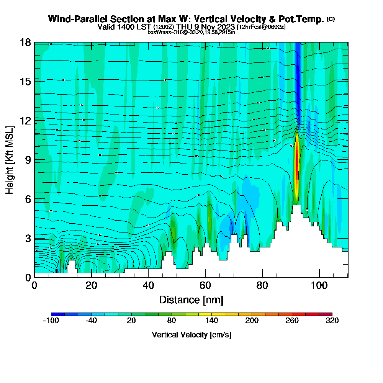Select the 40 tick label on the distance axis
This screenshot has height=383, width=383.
[x=148, y=285]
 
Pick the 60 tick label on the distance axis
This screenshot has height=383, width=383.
[x=205, y=285]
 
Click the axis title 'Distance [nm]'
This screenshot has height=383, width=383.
[x=191, y=300]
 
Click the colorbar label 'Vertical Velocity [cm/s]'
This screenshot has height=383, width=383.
[x=191, y=335]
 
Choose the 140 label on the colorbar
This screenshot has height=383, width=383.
[x=211, y=321]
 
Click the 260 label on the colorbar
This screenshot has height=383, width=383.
[x=292, y=321]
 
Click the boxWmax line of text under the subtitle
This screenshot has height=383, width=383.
[x=191, y=32]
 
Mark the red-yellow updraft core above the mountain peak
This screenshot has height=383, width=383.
[x=296, y=169]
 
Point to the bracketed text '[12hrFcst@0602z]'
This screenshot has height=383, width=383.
[x=262, y=27]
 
